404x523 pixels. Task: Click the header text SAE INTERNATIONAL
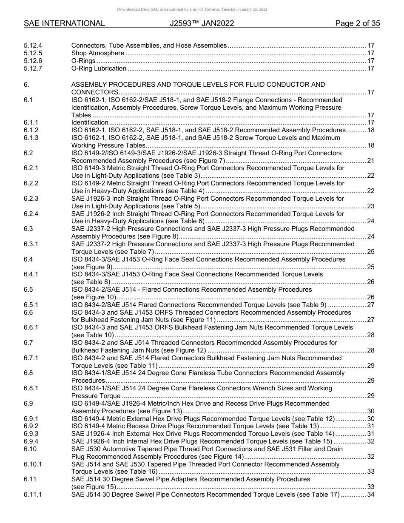tap(64, 24)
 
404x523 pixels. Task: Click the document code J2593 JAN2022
tap(202, 24)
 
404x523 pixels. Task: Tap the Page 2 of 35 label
tap(357, 24)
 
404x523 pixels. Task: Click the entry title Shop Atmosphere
tap(98, 53)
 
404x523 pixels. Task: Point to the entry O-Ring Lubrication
tap(99, 68)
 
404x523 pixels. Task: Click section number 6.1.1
tap(31, 122)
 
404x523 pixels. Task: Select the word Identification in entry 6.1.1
tap(90, 122)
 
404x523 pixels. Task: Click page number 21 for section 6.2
tap(370, 160)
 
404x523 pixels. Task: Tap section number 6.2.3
tap(31, 199)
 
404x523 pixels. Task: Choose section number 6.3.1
tap(31, 244)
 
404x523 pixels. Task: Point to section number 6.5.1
tap(31, 305)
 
